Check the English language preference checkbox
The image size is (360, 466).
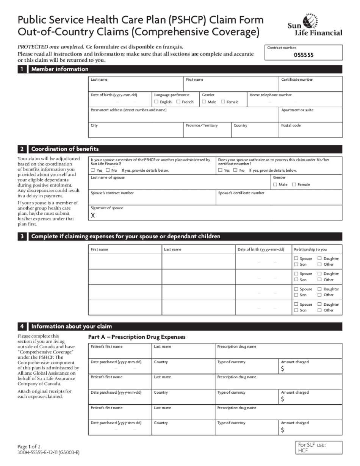click(157, 102)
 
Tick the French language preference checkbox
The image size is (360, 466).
click(178, 102)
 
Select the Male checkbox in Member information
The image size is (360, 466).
click(204, 102)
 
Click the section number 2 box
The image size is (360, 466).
click(22, 149)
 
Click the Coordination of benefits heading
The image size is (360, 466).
click(65, 149)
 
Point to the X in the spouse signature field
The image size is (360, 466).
click(93, 216)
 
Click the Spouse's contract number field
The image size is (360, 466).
click(152, 197)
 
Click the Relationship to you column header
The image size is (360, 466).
click(310, 249)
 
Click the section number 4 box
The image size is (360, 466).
click(22, 327)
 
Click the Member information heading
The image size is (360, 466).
click(60, 69)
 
